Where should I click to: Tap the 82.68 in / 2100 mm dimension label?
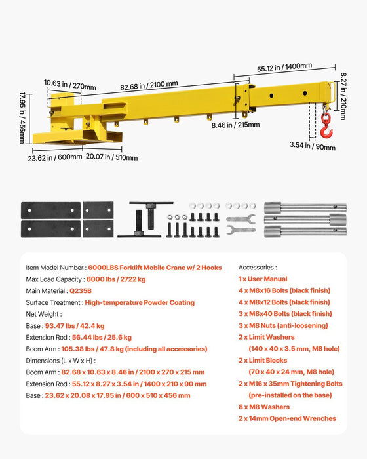coord(149,84)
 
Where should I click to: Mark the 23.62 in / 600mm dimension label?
coord(50,157)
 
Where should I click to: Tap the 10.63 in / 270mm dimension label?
coord(66,83)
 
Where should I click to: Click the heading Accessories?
coord(258,268)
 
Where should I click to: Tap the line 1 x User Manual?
coord(263,279)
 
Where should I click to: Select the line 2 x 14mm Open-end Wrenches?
coord(287,418)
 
